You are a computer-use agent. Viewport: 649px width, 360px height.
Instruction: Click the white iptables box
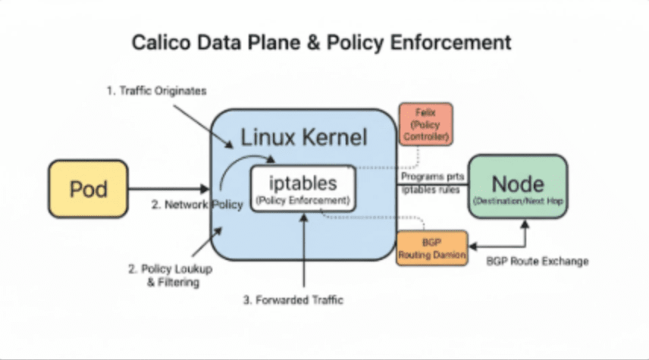click(303, 189)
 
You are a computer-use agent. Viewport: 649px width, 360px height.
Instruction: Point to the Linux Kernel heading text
click(303, 137)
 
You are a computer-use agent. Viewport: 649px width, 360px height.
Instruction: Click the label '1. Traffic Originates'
click(155, 91)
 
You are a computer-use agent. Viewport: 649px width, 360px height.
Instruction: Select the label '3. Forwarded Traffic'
click(293, 300)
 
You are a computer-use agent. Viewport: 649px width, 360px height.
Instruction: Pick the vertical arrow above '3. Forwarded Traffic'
click(304, 250)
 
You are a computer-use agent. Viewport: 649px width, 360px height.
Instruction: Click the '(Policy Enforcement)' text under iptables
click(303, 201)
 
